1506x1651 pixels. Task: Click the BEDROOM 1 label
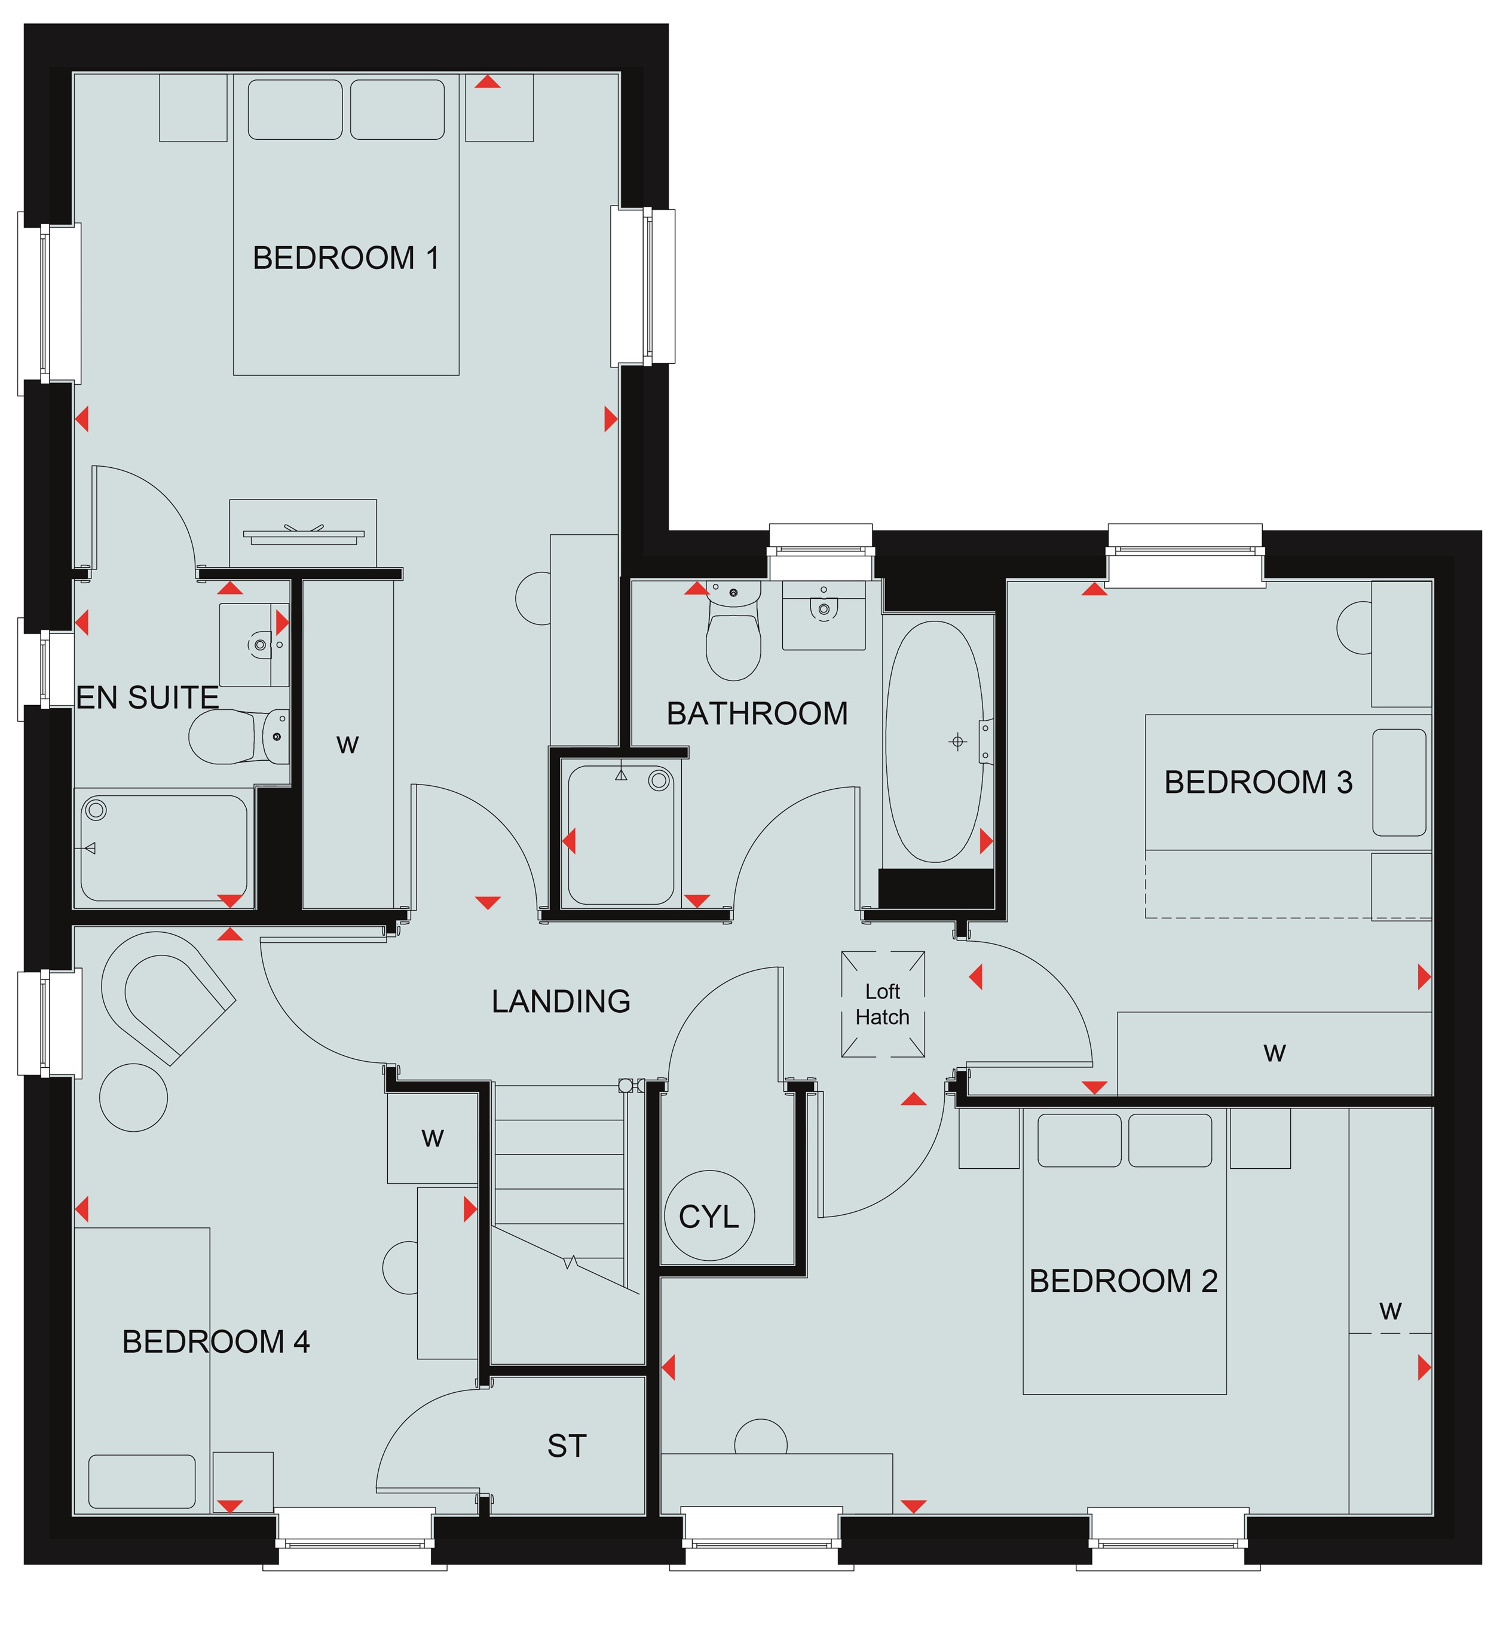[x=345, y=258]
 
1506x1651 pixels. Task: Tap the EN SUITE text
[x=148, y=698]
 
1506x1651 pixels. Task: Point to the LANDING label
[x=561, y=1001]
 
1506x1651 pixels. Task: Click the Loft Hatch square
[x=883, y=1003]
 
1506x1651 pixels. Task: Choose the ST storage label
[x=567, y=1446]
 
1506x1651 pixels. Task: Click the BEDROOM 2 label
[x=1123, y=1281]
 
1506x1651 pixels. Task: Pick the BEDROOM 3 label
[x=1258, y=782]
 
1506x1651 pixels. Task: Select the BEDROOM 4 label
[x=216, y=1341]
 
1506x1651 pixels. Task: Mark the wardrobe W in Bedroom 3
[x=1274, y=1053]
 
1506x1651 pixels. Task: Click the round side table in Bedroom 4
[x=133, y=1098]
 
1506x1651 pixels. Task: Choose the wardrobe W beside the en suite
[x=348, y=745]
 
